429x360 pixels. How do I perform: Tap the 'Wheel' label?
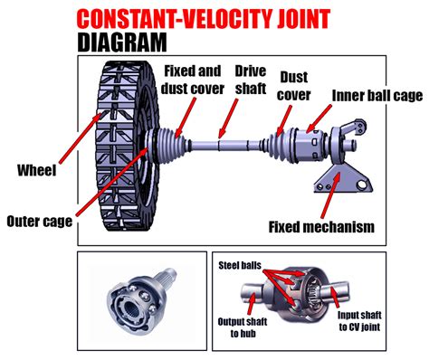[36, 169]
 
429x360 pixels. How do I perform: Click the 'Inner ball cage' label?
[374, 95]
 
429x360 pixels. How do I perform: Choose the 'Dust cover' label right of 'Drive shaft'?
[298, 86]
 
